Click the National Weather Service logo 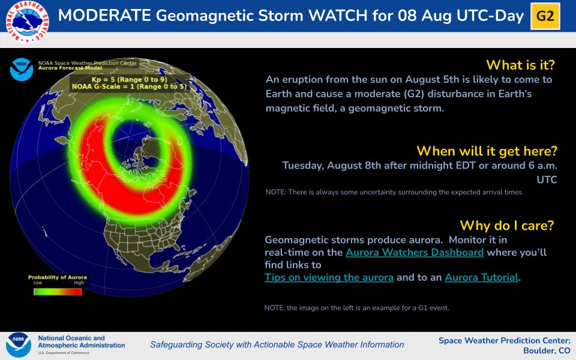click(27, 22)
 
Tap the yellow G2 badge click(545, 16)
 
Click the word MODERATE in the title click(104, 16)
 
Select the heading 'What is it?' click(520, 65)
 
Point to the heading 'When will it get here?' click(487, 151)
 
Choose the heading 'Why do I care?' click(506, 225)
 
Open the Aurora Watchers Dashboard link click(415, 253)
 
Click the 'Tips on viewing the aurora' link click(329, 277)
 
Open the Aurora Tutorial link click(482, 277)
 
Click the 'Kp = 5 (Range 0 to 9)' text click(130, 79)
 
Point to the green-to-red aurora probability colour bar click(58, 292)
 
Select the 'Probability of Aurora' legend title click(58, 277)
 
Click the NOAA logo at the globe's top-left click(22, 70)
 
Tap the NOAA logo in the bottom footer click(19, 345)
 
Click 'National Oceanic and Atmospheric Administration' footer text click(82, 341)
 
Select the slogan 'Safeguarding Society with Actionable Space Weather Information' click(277, 344)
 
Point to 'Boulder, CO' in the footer click(547, 350)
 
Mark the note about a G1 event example click(356, 308)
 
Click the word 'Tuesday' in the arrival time click(303, 166)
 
